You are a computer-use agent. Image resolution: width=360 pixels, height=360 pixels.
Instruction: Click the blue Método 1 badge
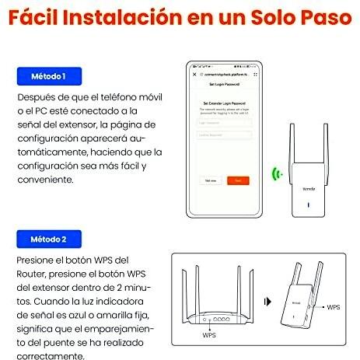pos(48,76)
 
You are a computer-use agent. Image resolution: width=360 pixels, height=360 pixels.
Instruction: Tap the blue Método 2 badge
pos(48,238)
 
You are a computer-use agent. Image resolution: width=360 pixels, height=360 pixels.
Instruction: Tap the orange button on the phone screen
pos(238,180)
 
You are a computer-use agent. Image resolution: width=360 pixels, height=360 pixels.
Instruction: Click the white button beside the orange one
pos(211,180)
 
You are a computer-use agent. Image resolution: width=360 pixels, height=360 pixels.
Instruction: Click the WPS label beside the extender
pos(334,308)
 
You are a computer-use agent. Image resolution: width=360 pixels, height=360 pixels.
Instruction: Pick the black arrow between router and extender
pos(268,301)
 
